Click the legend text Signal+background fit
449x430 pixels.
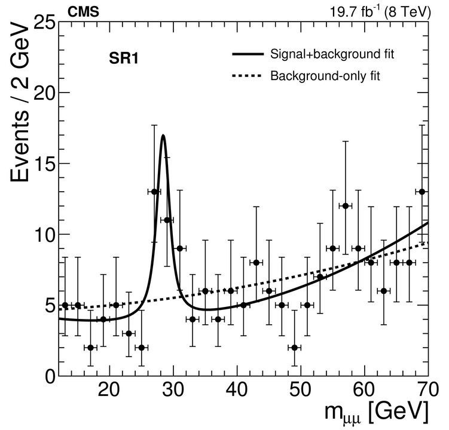click(x=332, y=55)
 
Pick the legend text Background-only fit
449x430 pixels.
click(x=326, y=76)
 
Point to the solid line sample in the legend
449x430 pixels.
click(x=248, y=55)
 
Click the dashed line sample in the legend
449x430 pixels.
click(x=248, y=76)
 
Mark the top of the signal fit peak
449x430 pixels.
click(x=163, y=136)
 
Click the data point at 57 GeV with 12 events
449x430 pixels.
click(x=346, y=206)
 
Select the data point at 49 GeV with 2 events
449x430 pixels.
click(x=295, y=347)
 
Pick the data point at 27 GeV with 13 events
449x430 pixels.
click(x=154, y=192)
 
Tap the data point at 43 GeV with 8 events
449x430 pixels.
click(x=256, y=262)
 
